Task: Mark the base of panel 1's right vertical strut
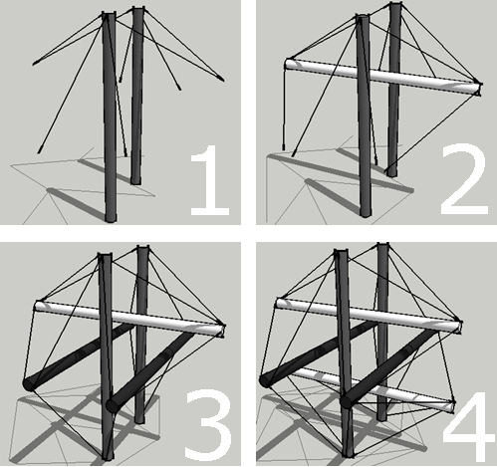(135, 181)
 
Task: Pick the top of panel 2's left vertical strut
(363, 17)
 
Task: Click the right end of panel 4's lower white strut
(451, 404)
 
